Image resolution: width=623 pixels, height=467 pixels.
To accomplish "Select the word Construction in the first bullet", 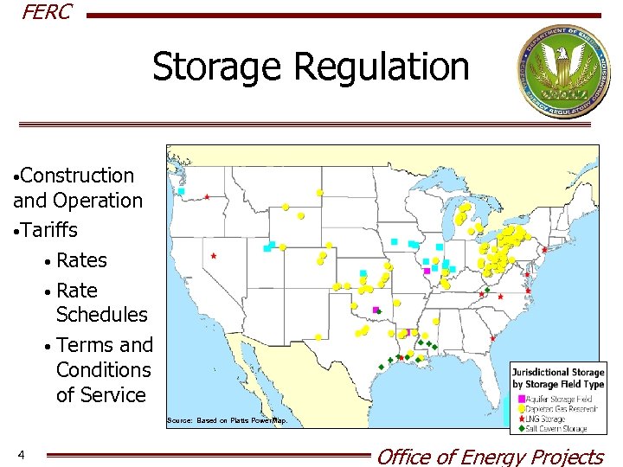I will [x=78, y=176].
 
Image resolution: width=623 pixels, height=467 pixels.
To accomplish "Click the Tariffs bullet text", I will [x=50, y=230].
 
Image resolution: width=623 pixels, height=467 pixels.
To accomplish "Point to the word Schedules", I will [x=102, y=314].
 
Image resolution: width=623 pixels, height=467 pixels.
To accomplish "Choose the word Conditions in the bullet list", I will [x=103, y=369].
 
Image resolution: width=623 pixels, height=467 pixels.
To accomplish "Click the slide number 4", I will [x=21, y=455].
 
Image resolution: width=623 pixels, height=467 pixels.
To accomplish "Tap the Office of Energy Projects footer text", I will [x=490, y=456].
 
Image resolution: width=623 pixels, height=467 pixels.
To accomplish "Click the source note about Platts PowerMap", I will [x=226, y=420].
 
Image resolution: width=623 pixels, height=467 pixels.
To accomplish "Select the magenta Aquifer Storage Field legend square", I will [x=520, y=399].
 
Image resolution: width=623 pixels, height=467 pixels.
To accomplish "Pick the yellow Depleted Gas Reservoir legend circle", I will [x=520, y=409].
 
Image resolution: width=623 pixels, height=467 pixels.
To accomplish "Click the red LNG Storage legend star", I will [x=520, y=419].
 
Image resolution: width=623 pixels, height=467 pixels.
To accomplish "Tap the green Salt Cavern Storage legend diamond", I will [x=520, y=428].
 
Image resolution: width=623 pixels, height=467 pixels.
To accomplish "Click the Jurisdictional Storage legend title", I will [x=557, y=378].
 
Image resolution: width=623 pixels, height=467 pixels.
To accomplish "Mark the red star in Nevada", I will [x=214, y=256].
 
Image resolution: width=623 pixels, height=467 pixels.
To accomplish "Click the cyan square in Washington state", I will [x=183, y=191].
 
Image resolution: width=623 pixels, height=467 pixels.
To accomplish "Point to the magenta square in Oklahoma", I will [x=375, y=309].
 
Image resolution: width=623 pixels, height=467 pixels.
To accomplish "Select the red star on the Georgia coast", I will [x=492, y=338].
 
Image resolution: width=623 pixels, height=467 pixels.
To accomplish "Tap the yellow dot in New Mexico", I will [x=319, y=336].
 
